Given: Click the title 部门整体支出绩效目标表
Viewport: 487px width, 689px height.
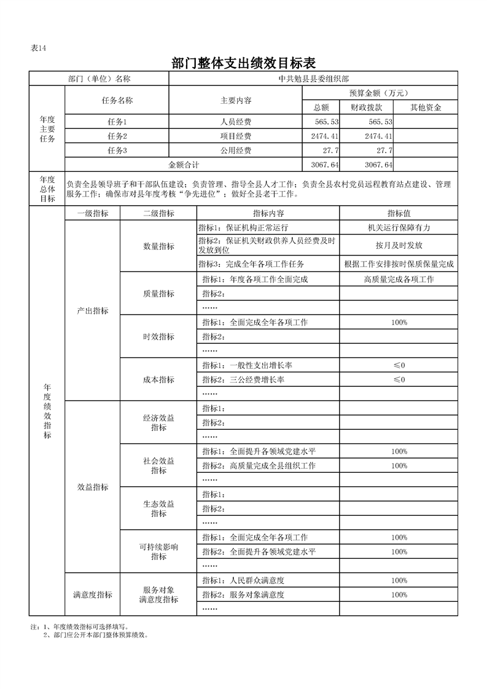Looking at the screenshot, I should [x=244, y=63].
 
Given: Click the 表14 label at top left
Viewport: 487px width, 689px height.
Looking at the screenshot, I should [x=39, y=49].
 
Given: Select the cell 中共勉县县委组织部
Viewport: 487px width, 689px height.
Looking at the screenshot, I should [x=313, y=79].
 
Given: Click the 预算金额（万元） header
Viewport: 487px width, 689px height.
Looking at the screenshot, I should [x=380, y=93].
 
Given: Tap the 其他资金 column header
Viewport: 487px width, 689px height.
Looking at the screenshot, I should [x=426, y=107].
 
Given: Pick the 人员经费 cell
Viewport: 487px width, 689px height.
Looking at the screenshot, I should [x=236, y=122].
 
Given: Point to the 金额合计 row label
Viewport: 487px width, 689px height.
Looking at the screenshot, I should [x=184, y=165].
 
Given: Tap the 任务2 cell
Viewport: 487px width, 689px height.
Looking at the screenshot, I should [x=117, y=136].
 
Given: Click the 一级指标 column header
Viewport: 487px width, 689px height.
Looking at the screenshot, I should [x=92, y=213].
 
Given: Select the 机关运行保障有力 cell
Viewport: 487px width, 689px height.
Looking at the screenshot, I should [x=399, y=227].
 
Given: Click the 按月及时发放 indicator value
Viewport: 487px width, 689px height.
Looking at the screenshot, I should [x=399, y=245].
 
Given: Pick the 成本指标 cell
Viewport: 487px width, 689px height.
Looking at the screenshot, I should [x=158, y=380].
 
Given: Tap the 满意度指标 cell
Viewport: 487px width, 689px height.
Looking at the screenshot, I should [x=92, y=594].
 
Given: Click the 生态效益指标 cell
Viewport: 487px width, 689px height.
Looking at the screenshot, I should [x=158, y=508].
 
